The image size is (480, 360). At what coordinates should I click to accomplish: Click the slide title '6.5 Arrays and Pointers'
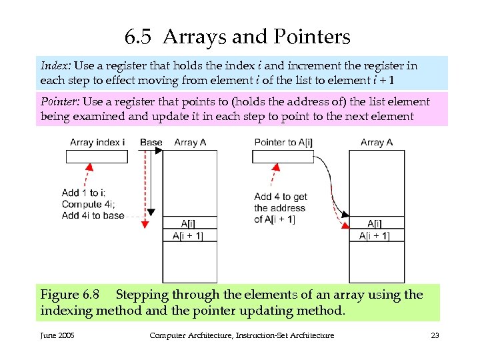pos(237,37)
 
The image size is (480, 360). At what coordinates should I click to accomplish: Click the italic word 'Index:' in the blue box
pos(56,66)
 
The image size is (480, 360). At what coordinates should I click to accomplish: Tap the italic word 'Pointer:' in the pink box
pos(60,102)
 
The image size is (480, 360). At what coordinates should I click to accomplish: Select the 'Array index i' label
pos(97,143)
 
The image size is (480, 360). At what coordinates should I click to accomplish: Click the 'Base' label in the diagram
pos(151,143)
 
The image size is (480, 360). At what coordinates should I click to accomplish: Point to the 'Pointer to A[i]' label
pos(285,143)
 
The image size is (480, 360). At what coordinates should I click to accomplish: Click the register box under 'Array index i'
pos(97,157)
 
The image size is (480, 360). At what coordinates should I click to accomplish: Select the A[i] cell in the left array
pos(189,223)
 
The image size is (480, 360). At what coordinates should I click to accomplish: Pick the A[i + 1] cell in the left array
pos(189,236)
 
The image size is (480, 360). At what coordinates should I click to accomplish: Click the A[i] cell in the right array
pos(377,223)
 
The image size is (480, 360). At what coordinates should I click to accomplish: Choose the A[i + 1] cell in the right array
pos(377,236)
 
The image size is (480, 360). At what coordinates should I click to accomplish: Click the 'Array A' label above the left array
pos(190,143)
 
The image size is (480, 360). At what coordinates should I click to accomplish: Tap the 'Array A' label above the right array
pos(377,143)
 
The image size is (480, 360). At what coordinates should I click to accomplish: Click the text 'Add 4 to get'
pos(281,197)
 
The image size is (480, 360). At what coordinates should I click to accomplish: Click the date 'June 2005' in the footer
pos(57,335)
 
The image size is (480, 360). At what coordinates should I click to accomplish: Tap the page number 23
pos(435,335)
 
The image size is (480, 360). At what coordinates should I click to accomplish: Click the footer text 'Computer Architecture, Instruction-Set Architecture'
pos(241,335)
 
